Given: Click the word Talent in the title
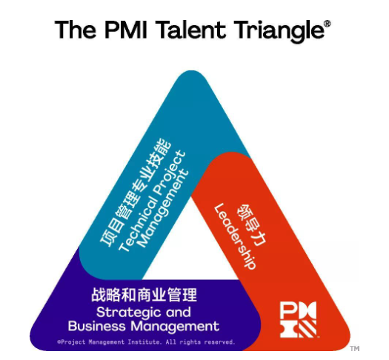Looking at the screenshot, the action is (191, 30).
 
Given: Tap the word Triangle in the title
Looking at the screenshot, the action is (279, 32).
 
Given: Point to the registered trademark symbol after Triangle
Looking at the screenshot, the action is (328, 24).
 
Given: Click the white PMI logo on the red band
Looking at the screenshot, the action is (299, 319).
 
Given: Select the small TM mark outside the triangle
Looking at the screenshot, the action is (355, 349).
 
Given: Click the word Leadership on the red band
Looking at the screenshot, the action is (234, 236).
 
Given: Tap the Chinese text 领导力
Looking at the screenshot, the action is (251, 225).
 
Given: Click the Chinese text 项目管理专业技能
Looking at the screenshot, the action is (136, 193).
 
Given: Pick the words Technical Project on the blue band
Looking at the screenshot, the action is (152, 201).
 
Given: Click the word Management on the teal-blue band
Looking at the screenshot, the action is (163, 209).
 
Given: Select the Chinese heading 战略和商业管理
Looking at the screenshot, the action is (144, 295).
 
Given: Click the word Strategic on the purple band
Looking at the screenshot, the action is (129, 313).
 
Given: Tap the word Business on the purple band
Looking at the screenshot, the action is (97, 326).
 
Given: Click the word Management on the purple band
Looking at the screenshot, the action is (175, 327).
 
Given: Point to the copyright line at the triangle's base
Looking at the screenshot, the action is (146, 342).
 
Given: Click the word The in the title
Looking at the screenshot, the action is (75, 30).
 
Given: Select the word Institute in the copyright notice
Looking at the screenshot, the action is (144, 342).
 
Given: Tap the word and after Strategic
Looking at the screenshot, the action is (179, 312).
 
